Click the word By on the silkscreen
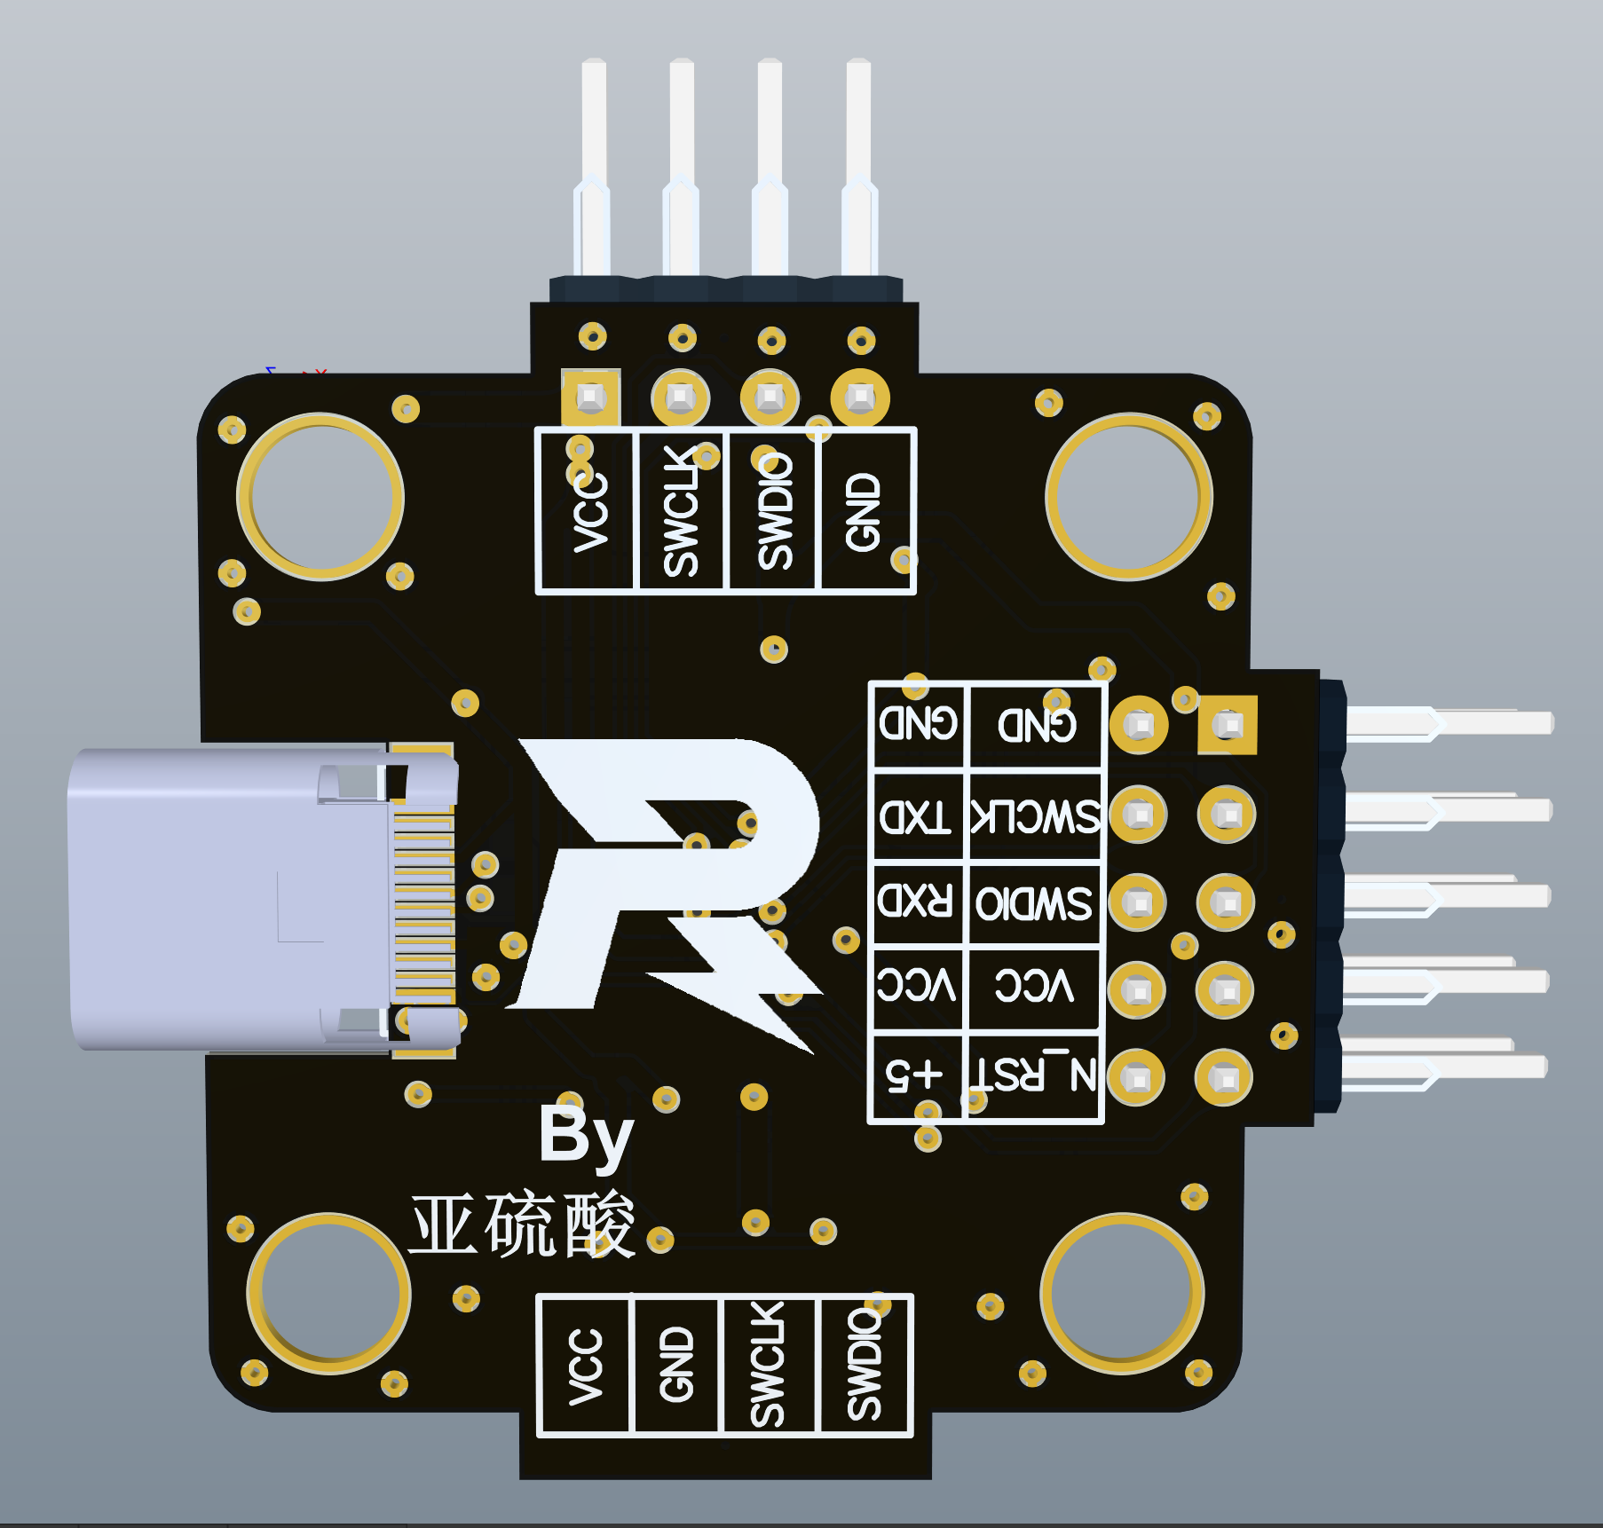586,1136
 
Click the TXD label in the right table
916,816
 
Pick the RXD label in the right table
916,902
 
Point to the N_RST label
1035,1075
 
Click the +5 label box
916,1075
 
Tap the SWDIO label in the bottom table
864,1365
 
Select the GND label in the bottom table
676,1365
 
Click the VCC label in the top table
590,511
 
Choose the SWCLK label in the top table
682,511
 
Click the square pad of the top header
591,398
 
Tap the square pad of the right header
1228,725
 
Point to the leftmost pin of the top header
594,169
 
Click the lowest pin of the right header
1447,1065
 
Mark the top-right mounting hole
1129,497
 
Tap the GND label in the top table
864,511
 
